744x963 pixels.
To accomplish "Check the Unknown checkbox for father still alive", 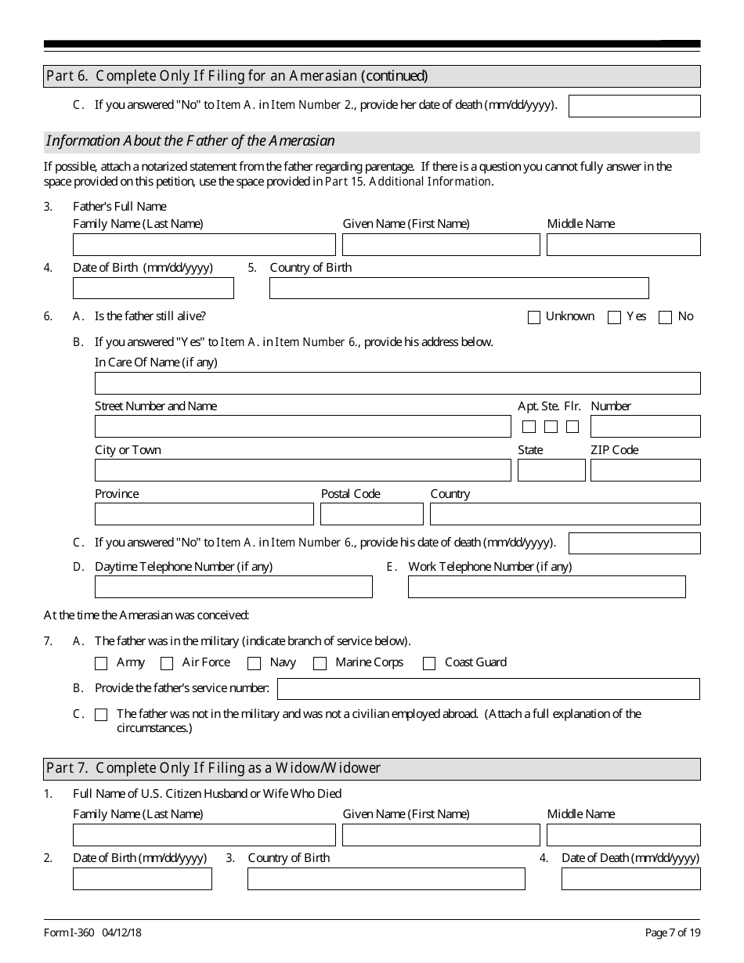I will (534, 317).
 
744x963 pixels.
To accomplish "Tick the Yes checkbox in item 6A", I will (615, 317).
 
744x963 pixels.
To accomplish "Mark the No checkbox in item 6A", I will (666, 317).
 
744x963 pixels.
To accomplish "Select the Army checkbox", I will (101, 664).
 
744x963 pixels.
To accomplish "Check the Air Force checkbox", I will (167, 664).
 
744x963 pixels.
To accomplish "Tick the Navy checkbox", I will (254, 664).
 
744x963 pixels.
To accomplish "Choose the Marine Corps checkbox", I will (320, 664).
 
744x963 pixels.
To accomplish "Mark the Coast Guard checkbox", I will (429, 664).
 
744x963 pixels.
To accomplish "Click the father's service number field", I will (488, 689).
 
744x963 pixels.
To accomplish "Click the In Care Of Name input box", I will (397, 383).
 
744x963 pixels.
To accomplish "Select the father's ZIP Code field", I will (645, 471).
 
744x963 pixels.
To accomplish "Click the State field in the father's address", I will (551, 471).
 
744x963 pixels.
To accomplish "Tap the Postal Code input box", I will (372, 514).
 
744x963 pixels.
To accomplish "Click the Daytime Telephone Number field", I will (233, 587).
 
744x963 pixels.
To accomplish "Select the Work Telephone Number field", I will (547, 587).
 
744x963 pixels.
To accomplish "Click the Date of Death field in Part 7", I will (630, 879).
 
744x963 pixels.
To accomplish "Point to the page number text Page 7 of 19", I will (673, 932).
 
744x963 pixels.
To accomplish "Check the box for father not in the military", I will (101, 715).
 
